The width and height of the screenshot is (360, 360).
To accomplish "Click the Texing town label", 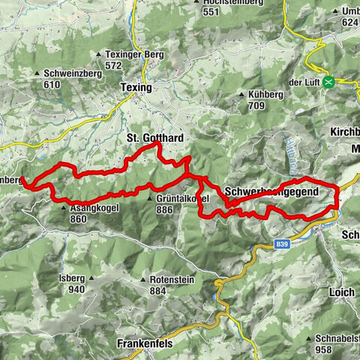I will tap(136, 88).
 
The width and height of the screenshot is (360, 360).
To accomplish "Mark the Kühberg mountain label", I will tap(258, 94).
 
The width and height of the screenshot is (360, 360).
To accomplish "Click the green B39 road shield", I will tap(281, 244).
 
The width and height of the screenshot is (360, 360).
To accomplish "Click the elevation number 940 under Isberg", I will tap(76, 289).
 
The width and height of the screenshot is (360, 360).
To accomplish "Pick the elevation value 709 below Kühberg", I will tap(258, 106).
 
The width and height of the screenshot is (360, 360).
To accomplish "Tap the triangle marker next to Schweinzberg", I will tap(37, 73).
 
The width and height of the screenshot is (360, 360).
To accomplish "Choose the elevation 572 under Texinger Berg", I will tap(113, 65).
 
